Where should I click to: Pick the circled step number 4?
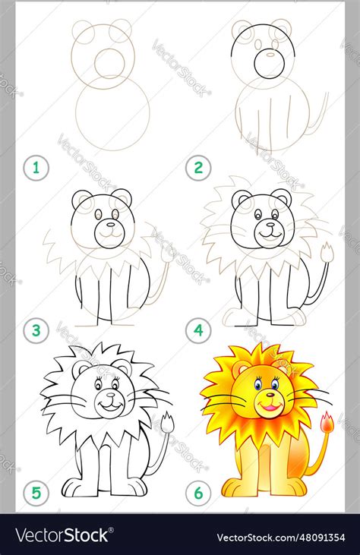click(198, 330)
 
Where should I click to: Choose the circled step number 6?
click(198, 493)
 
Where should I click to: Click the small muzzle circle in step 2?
click(269, 64)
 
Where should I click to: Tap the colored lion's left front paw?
click(236, 486)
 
